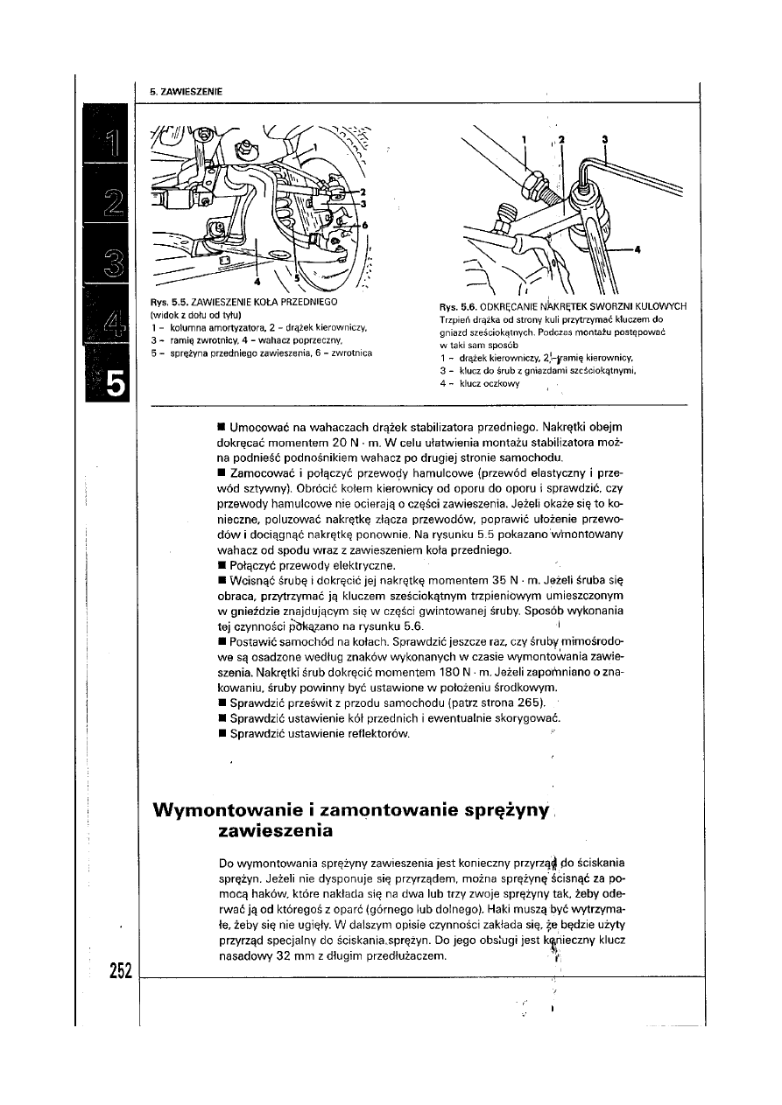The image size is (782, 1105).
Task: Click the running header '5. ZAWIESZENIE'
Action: point(185,91)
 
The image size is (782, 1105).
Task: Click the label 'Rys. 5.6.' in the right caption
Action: point(458,306)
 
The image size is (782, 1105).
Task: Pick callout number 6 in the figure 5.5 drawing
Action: point(366,225)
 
